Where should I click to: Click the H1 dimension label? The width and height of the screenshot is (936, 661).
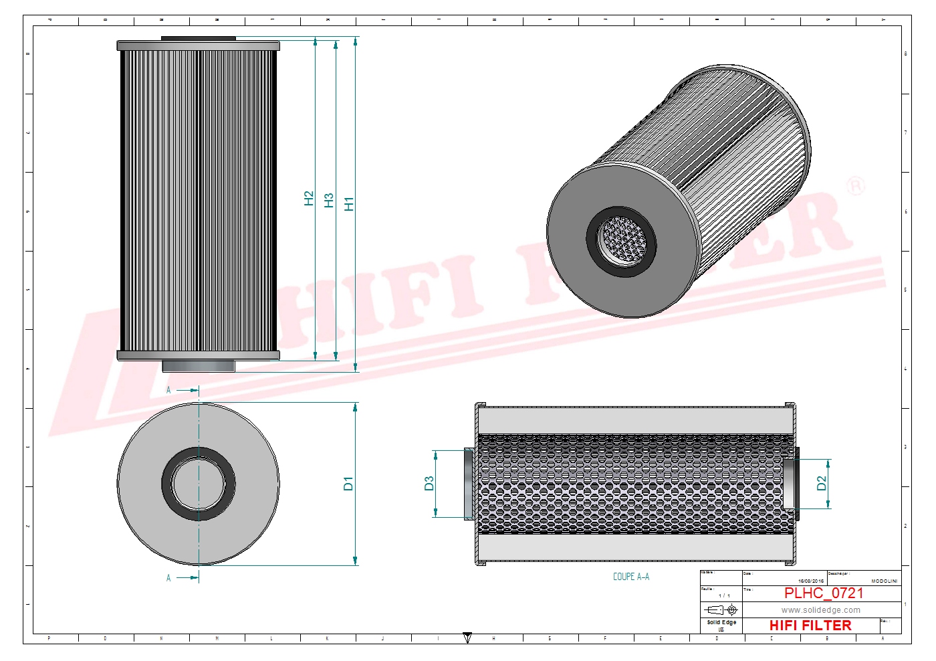point(348,204)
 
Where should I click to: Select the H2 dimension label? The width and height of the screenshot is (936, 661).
point(308,198)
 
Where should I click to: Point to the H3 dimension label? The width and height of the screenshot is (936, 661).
point(328,201)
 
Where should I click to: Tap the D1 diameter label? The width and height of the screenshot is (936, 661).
point(348,484)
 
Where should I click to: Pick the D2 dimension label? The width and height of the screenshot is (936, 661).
point(822,483)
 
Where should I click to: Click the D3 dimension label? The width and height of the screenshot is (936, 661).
point(429,483)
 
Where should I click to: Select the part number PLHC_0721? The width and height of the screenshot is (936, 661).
point(824,593)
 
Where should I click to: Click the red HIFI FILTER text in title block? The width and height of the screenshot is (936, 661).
point(810,626)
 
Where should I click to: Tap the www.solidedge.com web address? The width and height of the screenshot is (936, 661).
point(821,610)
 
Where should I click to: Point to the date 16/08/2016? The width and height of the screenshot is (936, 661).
point(810,581)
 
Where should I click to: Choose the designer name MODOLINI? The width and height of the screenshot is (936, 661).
point(884,581)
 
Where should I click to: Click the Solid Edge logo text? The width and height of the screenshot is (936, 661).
point(721,623)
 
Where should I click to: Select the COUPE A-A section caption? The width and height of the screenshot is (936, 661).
point(630,577)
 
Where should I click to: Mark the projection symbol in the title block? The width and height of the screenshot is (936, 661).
point(721,610)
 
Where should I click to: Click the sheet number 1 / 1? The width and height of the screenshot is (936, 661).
point(724,595)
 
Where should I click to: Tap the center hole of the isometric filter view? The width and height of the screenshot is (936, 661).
point(622,240)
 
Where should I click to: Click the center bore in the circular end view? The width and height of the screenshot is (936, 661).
point(199,484)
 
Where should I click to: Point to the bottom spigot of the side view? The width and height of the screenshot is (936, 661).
point(199,366)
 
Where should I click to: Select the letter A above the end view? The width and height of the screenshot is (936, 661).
point(168,390)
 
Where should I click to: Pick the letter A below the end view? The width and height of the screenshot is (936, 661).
point(168,578)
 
